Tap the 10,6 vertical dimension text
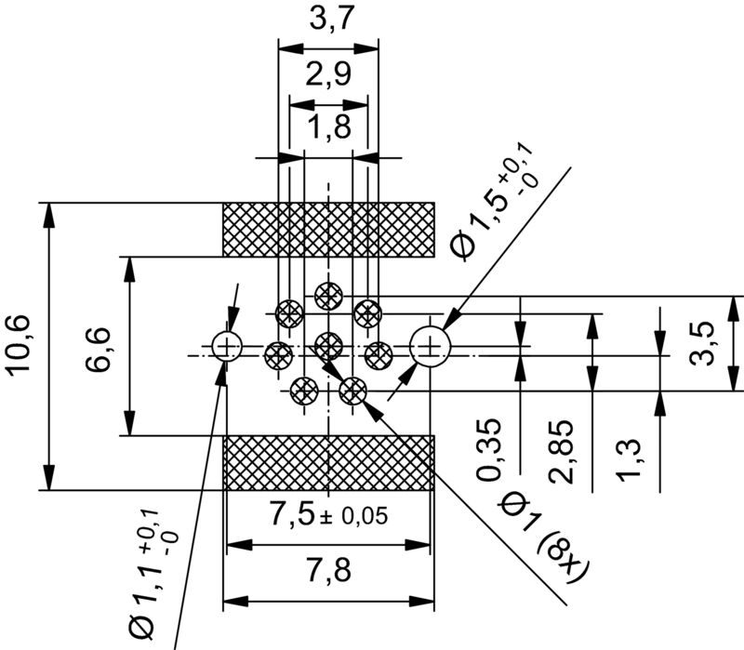pyautogui.click(x=20, y=346)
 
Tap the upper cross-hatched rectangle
pyautogui.click(x=329, y=230)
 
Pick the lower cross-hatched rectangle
pyautogui.click(x=329, y=462)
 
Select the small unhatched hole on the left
pyautogui.click(x=226, y=346)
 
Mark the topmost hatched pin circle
pyautogui.click(x=328, y=295)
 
